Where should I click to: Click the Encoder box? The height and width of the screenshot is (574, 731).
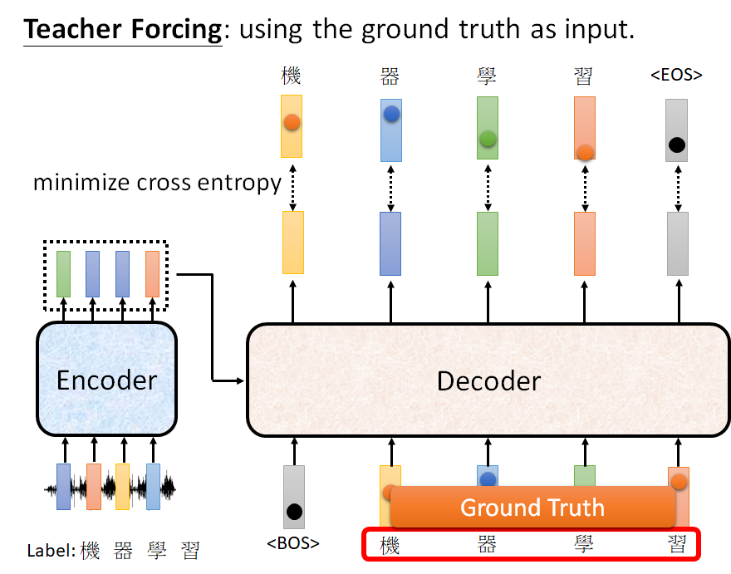click(x=106, y=380)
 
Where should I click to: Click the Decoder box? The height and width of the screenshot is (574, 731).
click(x=488, y=380)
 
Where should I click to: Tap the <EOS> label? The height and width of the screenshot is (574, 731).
click(x=676, y=76)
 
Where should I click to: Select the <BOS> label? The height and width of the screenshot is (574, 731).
click(x=293, y=544)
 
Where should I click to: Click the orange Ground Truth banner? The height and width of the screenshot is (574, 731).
click(x=532, y=507)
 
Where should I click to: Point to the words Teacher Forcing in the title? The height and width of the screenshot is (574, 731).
click(x=123, y=29)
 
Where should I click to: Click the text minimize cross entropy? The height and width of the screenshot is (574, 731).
click(x=157, y=183)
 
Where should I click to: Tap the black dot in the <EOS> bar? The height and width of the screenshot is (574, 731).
click(x=676, y=145)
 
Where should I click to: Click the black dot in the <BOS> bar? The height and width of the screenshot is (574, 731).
click(x=293, y=510)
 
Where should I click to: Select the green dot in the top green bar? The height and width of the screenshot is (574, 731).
click(x=488, y=139)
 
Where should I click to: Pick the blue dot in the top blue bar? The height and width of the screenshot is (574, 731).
click(x=391, y=115)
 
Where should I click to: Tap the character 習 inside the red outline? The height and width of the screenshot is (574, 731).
click(x=677, y=545)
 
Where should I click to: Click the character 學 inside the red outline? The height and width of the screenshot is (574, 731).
click(x=582, y=545)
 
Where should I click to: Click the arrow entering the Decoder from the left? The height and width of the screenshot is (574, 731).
click(x=228, y=380)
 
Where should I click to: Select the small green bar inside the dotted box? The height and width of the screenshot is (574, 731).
click(x=63, y=273)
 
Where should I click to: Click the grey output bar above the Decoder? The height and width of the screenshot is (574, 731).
click(x=677, y=243)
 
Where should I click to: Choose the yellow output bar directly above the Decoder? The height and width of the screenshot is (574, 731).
click(x=292, y=243)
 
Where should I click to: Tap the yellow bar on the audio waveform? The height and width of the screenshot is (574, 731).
click(x=123, y=486)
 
